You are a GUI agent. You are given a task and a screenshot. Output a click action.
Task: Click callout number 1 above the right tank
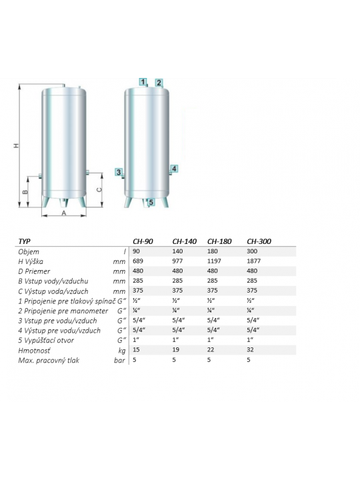pos(143,82)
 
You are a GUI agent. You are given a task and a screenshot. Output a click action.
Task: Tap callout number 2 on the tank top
pos(159,83)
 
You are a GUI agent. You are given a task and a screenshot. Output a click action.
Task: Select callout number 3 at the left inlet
pos(119,172)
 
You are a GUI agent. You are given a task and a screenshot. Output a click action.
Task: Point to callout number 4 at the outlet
pos(174,169)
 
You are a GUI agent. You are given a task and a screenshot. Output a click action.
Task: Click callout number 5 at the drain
pos(151,203)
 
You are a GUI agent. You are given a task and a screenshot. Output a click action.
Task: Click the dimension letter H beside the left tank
pos(17,145)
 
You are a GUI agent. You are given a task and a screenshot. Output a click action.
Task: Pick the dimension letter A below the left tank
pos(64,213)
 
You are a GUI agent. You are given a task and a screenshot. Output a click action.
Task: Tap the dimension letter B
pos(25,192)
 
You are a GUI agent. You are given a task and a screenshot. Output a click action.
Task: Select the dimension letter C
pos(99,190)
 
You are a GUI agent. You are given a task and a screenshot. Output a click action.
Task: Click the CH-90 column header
pos(143,241)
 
